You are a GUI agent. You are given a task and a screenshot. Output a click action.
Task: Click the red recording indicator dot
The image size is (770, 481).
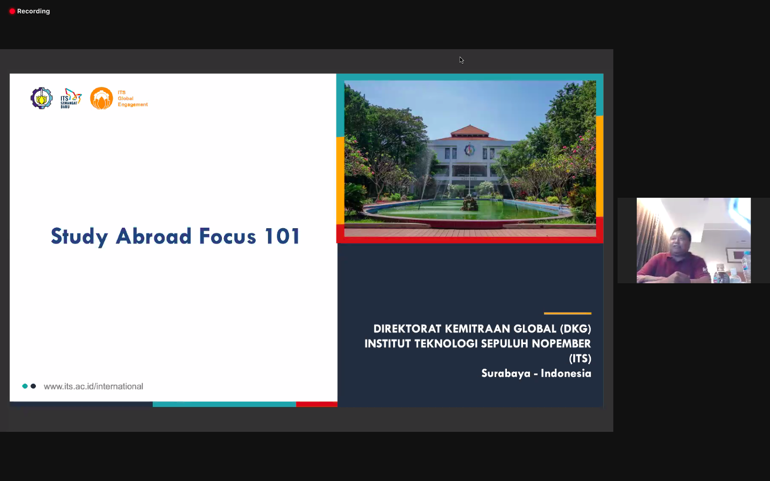(12, 11)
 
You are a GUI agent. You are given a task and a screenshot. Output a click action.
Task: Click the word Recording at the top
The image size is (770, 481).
(33, 11)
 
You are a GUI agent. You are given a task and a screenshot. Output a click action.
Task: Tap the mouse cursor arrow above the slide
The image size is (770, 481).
(461, 60)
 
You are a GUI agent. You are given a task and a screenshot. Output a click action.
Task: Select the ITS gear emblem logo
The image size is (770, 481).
(42, 98)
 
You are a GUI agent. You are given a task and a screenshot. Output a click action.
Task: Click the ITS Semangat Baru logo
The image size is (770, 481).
(71, 98)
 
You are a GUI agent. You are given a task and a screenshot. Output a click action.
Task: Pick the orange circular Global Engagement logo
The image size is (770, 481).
(102, 98)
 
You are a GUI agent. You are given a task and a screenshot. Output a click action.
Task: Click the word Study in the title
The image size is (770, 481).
(79, 236)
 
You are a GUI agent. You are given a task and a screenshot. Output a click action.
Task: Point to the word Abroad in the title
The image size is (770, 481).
(153, 236)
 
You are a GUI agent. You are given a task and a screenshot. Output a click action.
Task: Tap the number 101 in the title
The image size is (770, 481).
(282, 236)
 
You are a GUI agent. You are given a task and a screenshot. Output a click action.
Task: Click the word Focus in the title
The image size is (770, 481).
(228, 236)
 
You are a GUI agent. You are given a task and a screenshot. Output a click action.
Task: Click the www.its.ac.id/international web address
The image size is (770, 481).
(94, 386)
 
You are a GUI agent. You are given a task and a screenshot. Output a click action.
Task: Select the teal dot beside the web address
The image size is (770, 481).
(25, 386)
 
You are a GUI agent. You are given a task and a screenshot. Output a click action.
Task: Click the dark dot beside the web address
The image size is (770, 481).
(33, 386)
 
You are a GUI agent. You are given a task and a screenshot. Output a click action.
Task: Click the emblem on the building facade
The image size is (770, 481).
(469, 150)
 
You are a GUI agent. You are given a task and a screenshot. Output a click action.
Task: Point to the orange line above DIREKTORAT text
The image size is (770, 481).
(567, 313)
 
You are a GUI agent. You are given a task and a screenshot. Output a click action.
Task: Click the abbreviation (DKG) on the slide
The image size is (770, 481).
(575, 329)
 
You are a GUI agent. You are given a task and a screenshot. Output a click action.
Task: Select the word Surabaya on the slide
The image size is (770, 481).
(506, 374)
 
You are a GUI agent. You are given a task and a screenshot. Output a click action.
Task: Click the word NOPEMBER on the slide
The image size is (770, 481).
(561, 344)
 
